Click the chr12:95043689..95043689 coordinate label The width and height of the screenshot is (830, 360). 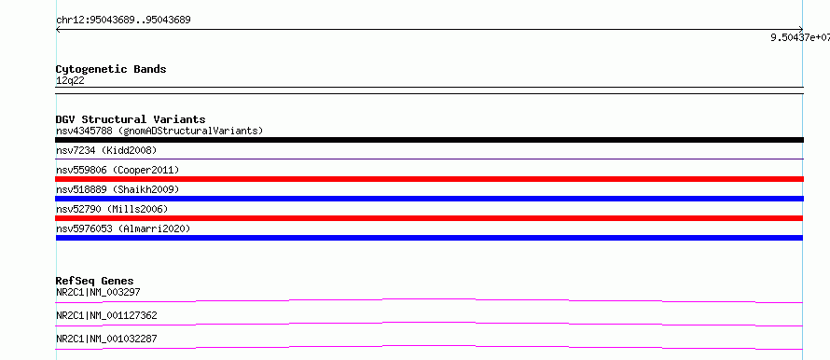click(123, 21)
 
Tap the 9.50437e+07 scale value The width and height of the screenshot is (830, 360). click(800, 37)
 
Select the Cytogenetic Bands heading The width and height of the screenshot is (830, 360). click(111, 69)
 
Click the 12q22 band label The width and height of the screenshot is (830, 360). click(70, 81)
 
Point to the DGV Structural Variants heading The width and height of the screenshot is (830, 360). click(131, 119)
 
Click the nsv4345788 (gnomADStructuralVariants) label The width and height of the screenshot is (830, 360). click(159, 131)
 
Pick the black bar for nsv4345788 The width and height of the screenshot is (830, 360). click(429, 140)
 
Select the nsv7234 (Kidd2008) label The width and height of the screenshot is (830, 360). click(106, 151)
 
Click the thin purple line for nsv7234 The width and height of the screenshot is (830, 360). click(429, 159)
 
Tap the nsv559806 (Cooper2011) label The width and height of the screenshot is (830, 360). click(118, 171)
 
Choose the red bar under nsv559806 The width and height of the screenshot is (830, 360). click(429, 179)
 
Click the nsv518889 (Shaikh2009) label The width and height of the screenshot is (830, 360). click(118, 189)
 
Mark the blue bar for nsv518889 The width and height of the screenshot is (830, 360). click(429, 199)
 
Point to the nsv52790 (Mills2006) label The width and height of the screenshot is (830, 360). click(112, 210)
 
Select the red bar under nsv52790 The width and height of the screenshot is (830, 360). click(429, 218)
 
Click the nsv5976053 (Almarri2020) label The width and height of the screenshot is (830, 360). click(123, 229)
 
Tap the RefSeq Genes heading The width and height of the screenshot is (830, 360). click(95, 281)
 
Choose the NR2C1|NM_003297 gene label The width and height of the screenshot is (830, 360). click(98, 292)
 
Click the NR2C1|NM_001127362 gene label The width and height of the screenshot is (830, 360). click(106, 316)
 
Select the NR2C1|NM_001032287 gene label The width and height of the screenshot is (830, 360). click(106, 339)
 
